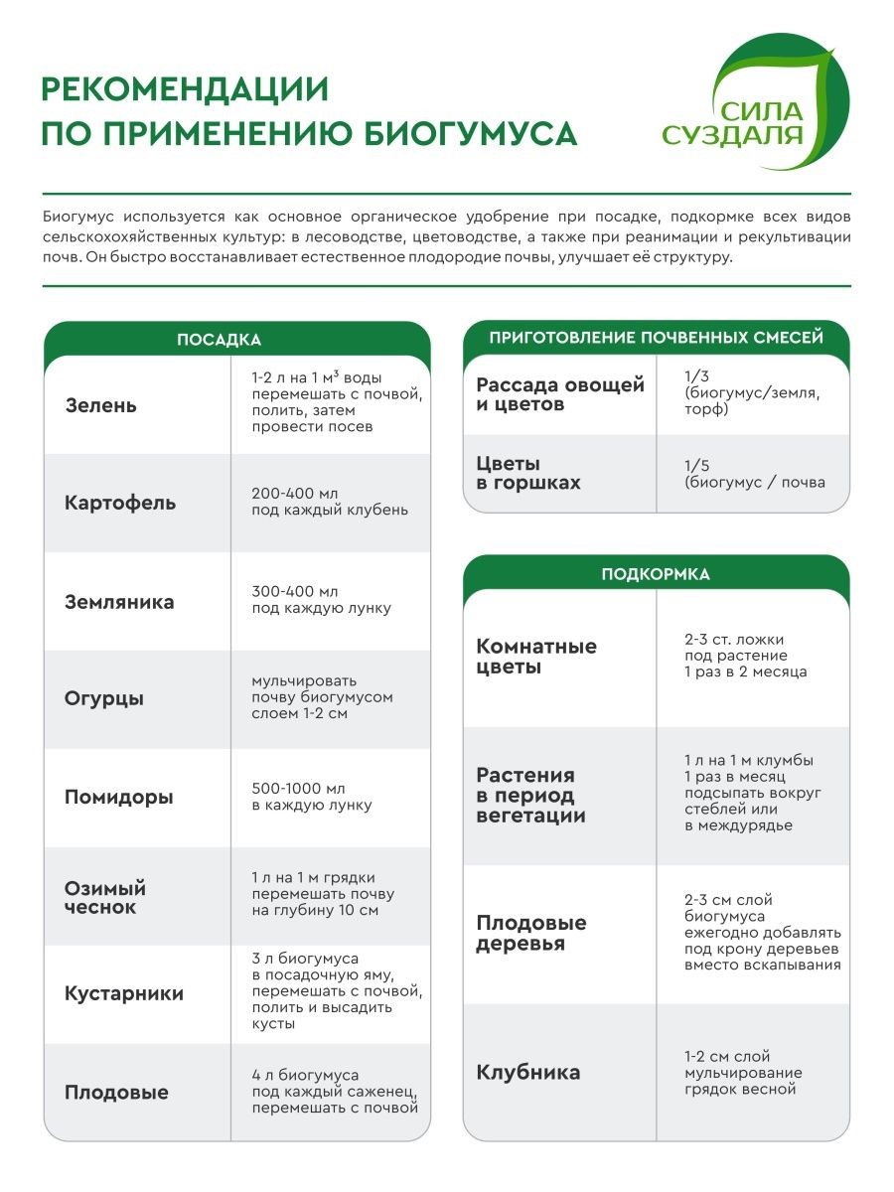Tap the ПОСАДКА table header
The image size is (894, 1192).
click(x=219, y=340)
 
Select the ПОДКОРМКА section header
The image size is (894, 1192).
click(x=656, y=574)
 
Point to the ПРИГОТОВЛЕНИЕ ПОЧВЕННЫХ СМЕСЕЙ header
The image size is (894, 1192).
click(x=656, y=338)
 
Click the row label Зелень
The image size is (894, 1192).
click(x=101, y=405)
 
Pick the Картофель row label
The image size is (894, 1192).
click(x=120, y=503)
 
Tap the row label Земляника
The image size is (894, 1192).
click(x=119, y=601)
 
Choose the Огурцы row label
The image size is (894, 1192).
click(x=104, y=698)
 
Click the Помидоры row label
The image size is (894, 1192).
click(x=119, y=797)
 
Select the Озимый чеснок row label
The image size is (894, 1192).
click(x=105, y=897)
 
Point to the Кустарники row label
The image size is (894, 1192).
click(x=124, y=993)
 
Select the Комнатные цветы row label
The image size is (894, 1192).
click(x=536, y=657)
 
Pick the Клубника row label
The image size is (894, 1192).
click(x=528, y=1073)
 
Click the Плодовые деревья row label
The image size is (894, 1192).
click(x=531, y=933)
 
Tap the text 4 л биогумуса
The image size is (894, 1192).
click(x=306, y=1075)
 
